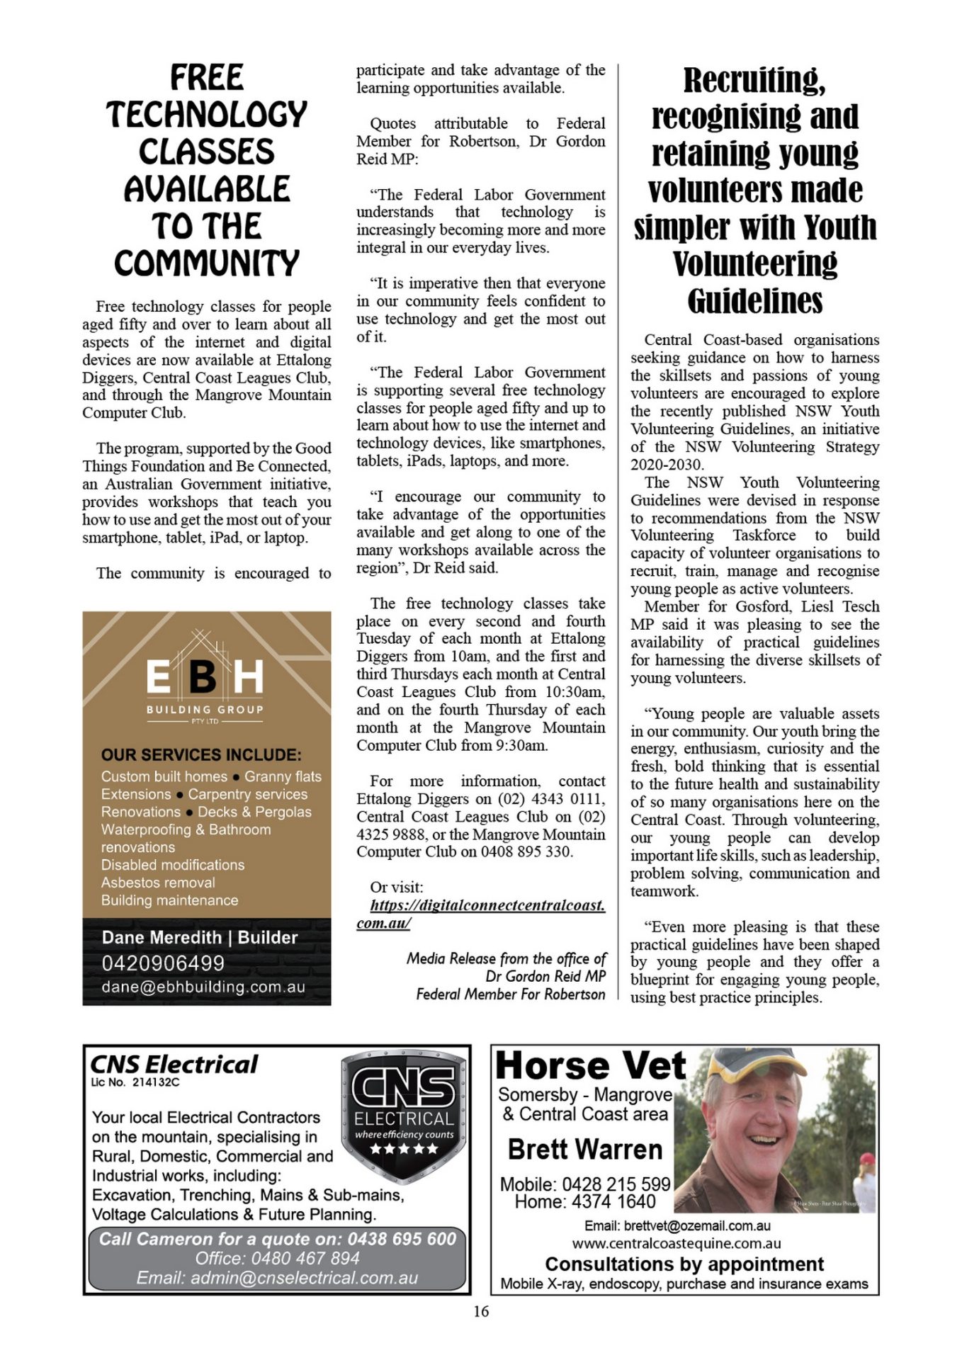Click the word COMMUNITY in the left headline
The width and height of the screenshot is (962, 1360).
(x=207, y=263)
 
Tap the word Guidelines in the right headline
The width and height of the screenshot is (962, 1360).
(x=755, y=301)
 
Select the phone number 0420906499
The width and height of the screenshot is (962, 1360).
(x=163, y=963)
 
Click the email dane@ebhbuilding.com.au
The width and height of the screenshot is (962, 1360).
(x=203, y=987)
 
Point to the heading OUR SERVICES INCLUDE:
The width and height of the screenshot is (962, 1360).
(x=201, y=754)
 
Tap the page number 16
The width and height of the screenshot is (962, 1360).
(x=480, y=1311)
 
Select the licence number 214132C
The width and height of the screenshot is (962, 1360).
(x=156, y=1082)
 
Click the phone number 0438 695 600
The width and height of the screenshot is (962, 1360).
(x=402, y=1238)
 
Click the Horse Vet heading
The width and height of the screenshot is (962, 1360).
(x=591, y=1066)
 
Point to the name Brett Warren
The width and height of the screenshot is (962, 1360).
(x=585, y=1149)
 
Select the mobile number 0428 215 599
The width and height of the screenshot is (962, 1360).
(x=616, y=1184)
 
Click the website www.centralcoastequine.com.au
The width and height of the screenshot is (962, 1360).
(x=677, y=1243)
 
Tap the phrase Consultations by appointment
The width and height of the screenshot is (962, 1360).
(x=684, y=1264)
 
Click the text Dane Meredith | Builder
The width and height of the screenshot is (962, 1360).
(x=200, y=937)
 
